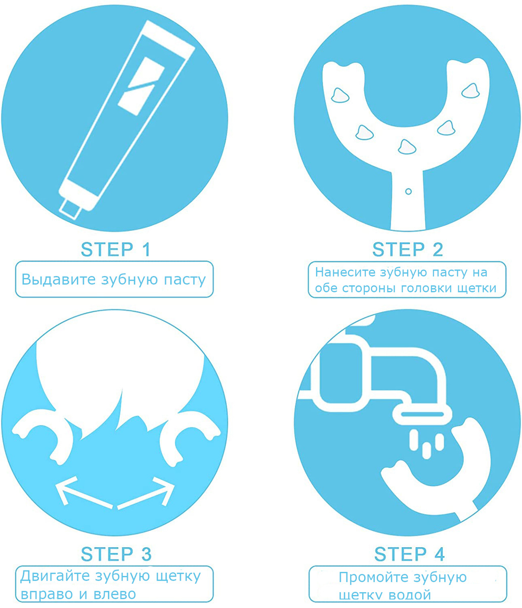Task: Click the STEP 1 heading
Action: point(116,249)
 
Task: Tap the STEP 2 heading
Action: point(408,249)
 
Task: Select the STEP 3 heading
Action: point(116,554)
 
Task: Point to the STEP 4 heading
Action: point(410,554)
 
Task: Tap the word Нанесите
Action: point(345,272)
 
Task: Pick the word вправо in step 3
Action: point(47,594)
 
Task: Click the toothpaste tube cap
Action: point(71,209)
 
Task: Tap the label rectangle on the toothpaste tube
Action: point(141,86)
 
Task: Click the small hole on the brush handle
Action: point(408,192)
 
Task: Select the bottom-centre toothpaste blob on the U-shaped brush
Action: point(407,147)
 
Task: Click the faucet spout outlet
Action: point(422,414)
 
